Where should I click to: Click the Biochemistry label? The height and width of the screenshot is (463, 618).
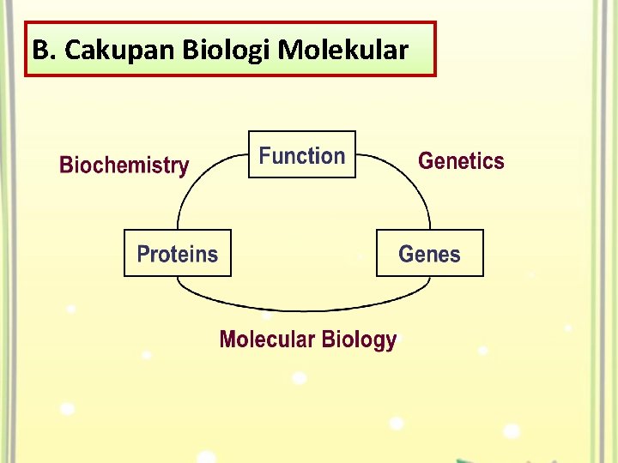coord(124,165)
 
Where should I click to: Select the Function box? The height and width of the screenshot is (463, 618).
coord(302,155)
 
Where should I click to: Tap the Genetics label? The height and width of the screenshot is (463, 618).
coord(461,161)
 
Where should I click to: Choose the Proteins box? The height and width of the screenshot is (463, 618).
coord(178,254)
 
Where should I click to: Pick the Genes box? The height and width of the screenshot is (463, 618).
coord(429,254)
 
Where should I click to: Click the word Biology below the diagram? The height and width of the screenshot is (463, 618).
coord(360,340)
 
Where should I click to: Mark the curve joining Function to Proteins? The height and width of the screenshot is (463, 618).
coord(191,184)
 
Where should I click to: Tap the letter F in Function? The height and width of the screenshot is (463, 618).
coord(265,156)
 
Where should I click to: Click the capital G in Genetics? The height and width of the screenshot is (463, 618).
coord(425,161)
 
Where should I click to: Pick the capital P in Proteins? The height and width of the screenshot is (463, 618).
coord(143,254)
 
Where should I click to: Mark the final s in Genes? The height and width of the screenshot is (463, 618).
coord(455,255)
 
